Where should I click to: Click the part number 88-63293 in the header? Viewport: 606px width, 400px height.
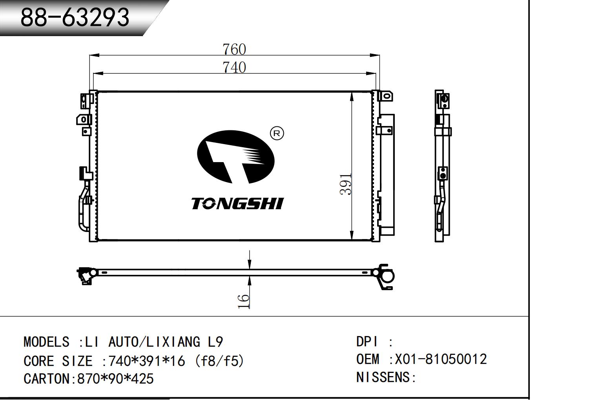[75, 18]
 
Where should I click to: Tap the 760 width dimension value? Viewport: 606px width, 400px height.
[234, 49]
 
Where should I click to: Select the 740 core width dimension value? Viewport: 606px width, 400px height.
[234, 68]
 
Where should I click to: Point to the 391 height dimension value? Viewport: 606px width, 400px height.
[346, 184]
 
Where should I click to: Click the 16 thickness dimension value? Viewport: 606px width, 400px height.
[243, 301]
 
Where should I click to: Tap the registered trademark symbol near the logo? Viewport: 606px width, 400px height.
[277, 133]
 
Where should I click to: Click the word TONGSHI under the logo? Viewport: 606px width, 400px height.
[237, 203]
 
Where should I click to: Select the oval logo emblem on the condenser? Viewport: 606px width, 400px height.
[235, 157]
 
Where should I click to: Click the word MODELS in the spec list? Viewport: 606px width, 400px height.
[47, 342]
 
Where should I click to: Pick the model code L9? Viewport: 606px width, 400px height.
[215, 342]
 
